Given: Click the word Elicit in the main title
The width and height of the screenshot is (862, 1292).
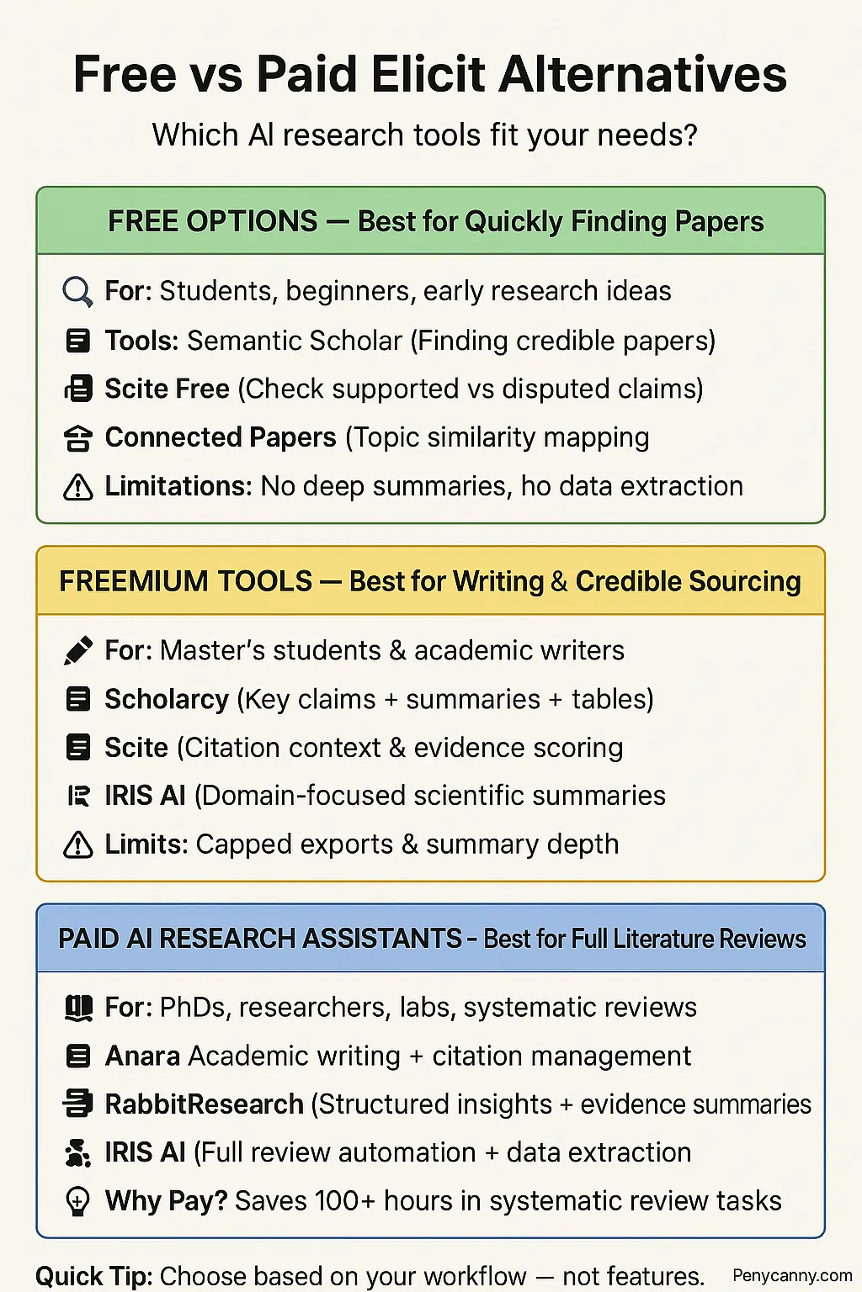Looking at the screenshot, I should coord(428,75).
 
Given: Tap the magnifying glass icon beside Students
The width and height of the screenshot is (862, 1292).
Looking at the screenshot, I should coord(77,292).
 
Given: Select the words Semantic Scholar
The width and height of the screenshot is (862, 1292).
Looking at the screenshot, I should coord(295,341).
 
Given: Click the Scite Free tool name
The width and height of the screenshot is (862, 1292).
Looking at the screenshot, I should coord(167,389).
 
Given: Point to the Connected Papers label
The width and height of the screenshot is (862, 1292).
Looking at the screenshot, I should coord(221,437).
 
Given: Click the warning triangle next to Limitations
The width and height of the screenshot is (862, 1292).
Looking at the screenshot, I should coord(77,487).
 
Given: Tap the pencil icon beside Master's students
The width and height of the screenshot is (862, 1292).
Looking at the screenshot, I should coord(77,651).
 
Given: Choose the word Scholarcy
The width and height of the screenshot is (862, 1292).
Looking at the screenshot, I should coord(167,699).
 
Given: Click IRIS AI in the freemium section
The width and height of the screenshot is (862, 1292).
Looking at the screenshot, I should coord(145,796).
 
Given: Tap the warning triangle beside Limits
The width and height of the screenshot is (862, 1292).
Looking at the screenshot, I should coord(77,845).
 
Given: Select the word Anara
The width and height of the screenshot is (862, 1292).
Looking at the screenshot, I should coord(142,1056).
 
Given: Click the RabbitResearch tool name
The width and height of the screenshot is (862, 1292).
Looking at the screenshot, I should coord(204,1104).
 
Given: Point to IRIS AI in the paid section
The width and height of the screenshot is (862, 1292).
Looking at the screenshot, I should coord(145,1152).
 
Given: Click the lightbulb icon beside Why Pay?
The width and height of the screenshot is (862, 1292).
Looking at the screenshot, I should coord(77,1201).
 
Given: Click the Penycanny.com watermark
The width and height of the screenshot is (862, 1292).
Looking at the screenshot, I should coord(791,1276).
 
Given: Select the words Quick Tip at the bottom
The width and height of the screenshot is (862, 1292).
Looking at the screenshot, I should coord(93,1276).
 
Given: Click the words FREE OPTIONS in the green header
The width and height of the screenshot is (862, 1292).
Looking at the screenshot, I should coord(212,221).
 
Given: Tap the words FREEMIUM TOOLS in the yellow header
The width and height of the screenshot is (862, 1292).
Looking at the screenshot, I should coord(185,581).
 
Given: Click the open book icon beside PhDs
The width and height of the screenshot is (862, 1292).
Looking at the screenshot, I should coord(77,1007).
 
